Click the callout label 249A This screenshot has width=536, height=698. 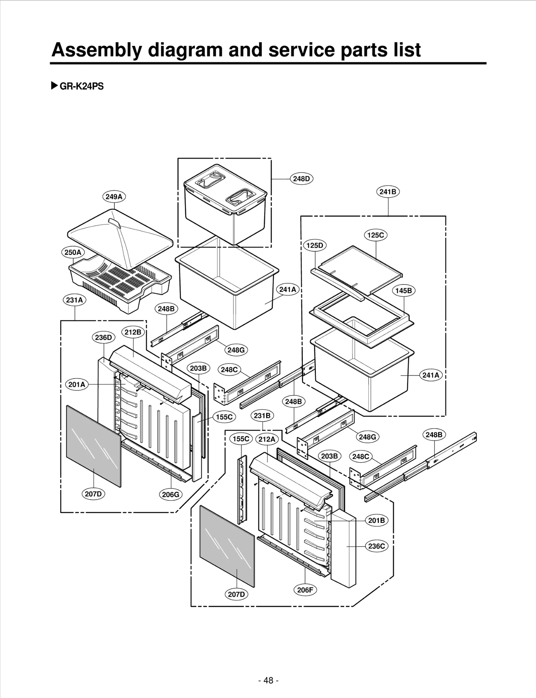click(114, 197)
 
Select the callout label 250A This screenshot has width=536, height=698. click(73, 252)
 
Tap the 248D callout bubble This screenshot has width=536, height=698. click(301, 179)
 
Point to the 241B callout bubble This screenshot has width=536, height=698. click(388, 192)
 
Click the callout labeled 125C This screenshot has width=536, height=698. click(376, 235)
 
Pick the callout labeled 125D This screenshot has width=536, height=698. click(315, 245)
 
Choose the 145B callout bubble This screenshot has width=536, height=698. click(403, 291)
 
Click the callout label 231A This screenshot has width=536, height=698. click(74, 300)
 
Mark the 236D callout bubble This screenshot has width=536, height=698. click(103, 337)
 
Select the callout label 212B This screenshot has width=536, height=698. click(133, 332)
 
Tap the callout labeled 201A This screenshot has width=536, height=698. click(77, 384)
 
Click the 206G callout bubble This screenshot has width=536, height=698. click(171, 494)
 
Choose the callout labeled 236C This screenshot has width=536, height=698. click(377, 546)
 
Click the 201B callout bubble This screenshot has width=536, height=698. click(377, 520)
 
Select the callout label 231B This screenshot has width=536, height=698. click(262, 416)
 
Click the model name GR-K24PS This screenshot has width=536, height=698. click(81, 86)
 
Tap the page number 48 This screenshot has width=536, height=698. click(268, 680)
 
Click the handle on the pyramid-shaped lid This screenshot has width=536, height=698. click(114, 224)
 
